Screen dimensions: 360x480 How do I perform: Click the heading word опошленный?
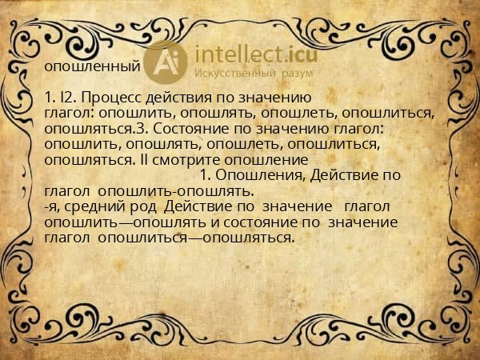[x=93, y=66]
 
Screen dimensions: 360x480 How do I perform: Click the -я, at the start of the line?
[x=53, y=206]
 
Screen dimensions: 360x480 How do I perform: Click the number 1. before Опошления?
[x=205, y=174]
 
